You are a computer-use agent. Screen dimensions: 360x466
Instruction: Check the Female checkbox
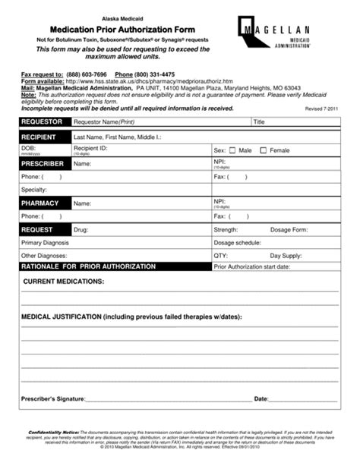(264, 150)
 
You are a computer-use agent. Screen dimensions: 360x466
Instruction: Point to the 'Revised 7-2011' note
(322, 109)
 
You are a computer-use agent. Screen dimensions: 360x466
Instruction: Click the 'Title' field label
(260, 121)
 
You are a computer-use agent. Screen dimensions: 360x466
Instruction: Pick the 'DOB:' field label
(29, 147)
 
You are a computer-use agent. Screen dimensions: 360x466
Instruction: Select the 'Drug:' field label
(81, 228)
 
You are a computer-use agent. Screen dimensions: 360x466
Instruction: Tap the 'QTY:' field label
(221, 256)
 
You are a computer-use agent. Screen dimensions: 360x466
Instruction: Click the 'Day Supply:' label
(286, 256)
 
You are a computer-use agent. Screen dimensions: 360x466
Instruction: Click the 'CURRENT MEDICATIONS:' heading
(64, 281)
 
